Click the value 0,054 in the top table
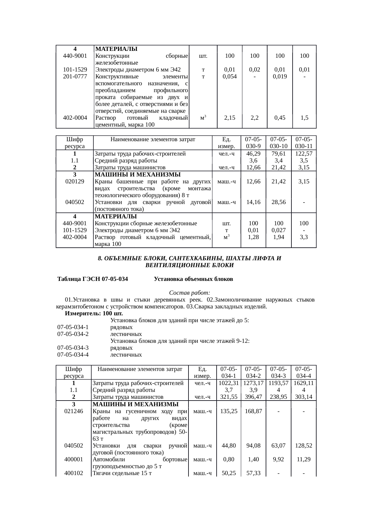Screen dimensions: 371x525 point(229,76)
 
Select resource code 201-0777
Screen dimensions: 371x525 point(75,76)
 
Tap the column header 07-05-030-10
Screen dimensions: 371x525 point(278,143)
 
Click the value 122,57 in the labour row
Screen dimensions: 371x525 point(304,154)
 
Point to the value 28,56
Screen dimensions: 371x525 point(279,202)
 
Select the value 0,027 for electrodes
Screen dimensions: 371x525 point(279,230)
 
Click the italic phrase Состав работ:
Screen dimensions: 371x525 point(190,292)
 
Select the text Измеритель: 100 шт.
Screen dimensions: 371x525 point(94,314)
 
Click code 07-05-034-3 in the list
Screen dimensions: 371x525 point(73,348)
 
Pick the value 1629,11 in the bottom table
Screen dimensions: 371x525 point(303,383)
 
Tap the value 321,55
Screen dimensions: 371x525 point(229,397)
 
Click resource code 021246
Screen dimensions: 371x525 point(74,411)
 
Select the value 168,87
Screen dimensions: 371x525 point(253,411)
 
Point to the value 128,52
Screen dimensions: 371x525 point(303,445)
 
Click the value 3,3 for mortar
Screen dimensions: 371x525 point(304,237)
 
